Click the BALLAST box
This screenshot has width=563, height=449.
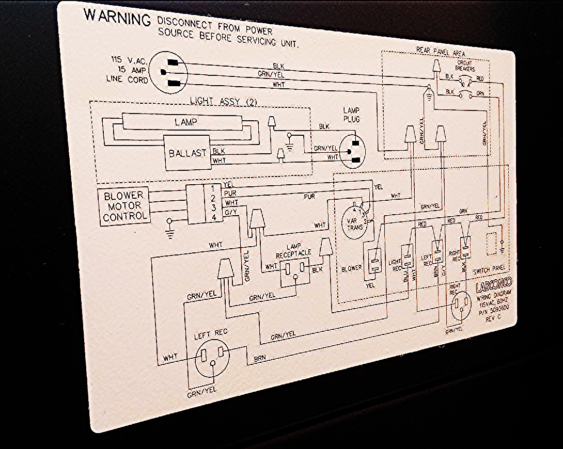pyautogui.click(x=187, y=153)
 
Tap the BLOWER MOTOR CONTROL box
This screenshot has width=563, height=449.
pyautogui.click(x=124, y=205)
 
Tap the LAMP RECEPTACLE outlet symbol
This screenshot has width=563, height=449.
pyautogui.click(x=295, y=269)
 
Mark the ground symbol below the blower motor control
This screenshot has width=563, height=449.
pyautogui.click(x=169, y=228)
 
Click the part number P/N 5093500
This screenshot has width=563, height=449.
pyautogui.click(x=493, y=311)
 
